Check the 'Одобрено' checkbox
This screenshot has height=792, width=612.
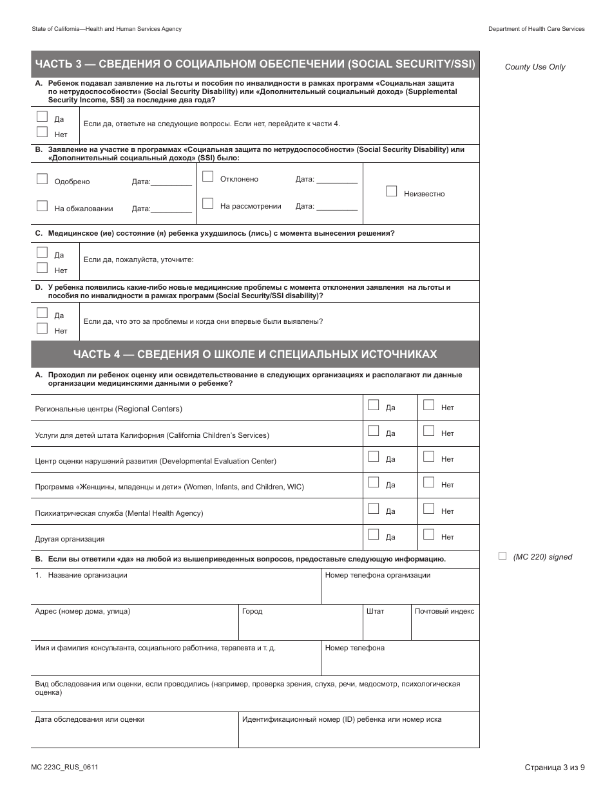tap(42, 179)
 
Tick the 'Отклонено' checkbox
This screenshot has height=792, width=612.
tap(207, 176)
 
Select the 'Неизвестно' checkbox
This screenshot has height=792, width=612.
tap(391, 191)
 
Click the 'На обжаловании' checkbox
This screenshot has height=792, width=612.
tap(42, 206)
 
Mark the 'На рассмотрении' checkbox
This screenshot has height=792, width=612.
tap(207, 203)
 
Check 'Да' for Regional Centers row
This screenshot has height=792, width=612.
tap(373, 405)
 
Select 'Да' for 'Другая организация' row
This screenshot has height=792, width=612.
tap(373, 534)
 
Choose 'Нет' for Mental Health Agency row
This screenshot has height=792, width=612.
tap(428, 509)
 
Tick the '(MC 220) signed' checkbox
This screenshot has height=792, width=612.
tap(502, 556)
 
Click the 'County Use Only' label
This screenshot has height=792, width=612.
tap(535, 67)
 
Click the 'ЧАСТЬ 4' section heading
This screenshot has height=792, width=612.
tap(255, 354)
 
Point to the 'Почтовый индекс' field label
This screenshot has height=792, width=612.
tap(445, 611)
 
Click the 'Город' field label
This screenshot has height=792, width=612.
tap(253, 611)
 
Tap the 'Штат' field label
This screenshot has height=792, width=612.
tap(375, 611)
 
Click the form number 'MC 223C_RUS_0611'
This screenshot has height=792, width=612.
tap(64, 767)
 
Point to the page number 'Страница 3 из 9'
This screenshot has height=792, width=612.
tap(555, 767)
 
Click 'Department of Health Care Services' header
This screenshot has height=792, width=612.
tap(536, 29)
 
